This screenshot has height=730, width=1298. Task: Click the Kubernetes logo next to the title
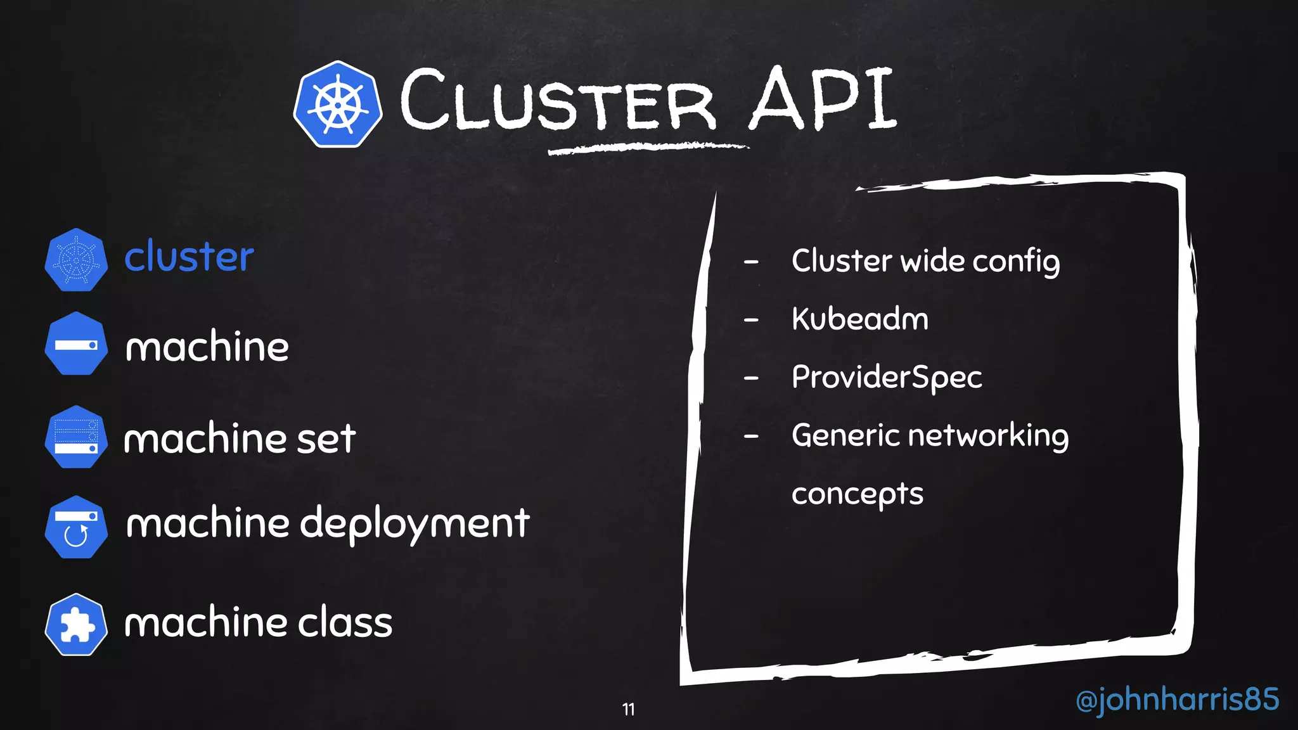338,105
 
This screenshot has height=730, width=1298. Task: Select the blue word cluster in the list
189,257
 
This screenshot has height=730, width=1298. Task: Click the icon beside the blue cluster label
76,260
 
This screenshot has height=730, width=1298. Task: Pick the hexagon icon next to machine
76,344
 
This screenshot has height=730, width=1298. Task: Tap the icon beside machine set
76,437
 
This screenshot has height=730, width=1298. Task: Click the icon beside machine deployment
76,527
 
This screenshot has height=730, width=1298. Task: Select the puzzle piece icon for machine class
76,625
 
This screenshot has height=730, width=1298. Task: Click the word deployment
414,525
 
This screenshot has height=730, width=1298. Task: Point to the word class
345,622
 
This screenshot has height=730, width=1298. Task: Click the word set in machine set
326,439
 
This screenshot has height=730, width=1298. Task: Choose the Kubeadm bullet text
859,319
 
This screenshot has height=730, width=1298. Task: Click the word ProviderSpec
886,378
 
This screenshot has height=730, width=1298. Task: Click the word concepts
857,494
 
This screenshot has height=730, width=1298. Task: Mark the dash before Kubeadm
751,321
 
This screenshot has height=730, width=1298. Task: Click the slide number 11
628,709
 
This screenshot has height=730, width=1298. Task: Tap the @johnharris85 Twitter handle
1177,700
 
